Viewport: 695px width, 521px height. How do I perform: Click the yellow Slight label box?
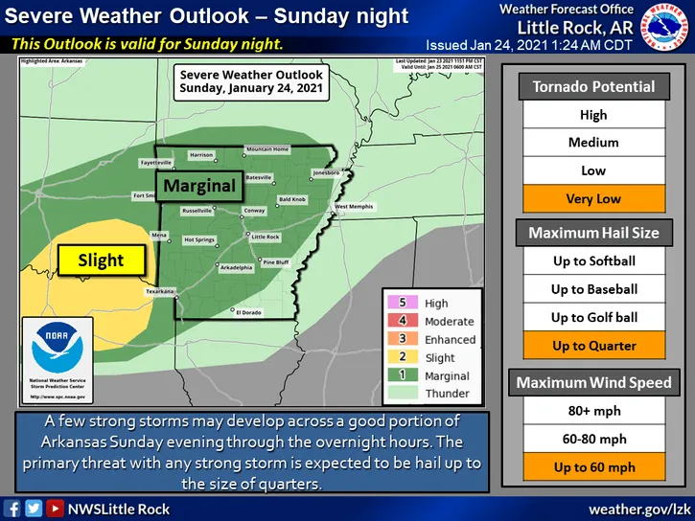click(101, 260)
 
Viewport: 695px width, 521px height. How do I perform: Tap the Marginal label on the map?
click(197, 186)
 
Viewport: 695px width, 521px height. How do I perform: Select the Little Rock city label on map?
click(265, 237)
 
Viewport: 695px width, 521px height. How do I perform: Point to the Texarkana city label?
click(160, 290)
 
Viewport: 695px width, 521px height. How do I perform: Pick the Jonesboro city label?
click(326, 172)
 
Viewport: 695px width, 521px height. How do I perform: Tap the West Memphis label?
click(354, 207)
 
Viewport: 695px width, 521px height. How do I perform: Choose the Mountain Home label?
click(267, 149)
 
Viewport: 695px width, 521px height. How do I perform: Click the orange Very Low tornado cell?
click(593, 198)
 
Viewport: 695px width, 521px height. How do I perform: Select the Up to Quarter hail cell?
click(593, 346)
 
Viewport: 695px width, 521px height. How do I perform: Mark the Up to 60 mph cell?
click(593, 467)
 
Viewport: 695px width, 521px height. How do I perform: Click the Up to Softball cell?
click(593, 260)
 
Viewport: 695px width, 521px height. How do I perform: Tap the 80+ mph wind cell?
click(593, 411)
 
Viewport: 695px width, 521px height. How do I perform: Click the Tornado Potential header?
click(593, 86)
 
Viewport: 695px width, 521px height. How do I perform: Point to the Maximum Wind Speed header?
click(593, 383)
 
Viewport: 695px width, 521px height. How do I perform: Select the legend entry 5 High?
click(425, 304)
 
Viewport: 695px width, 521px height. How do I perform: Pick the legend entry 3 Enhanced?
click(425, 340)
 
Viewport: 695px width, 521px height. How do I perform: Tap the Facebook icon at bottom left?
click(12, 509)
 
